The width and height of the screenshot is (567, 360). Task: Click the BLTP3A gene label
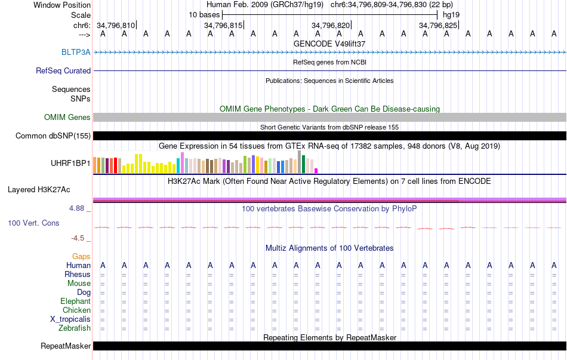(x=76, y=52)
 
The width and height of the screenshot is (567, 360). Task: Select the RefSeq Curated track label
(x=63, y=70)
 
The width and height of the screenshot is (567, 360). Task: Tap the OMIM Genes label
(x=67, y=118)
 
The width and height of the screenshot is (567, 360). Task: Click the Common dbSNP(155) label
(x=53, y=136)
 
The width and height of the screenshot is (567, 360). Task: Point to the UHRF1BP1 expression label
(x=70, y=162)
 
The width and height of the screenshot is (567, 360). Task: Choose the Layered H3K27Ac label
(x=39, y=190)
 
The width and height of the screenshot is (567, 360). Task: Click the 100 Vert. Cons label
(x=33, y=223)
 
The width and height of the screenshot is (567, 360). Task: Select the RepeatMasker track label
(x=66, y=346)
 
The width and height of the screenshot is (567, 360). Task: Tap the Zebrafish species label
(x=75, y=328)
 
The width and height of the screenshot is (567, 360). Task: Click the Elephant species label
(x=75, y=301)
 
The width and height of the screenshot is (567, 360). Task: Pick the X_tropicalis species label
(x=70, y=319)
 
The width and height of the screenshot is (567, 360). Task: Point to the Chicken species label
(x=76, y=310)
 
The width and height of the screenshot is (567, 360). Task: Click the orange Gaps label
(x=81, y=256)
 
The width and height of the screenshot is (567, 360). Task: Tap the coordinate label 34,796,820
(x=331, y=25)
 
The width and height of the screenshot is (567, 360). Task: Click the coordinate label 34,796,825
(x=438, y=25)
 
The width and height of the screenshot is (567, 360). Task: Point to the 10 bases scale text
(x=205, y=14)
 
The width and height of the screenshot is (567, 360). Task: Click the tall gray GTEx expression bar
(x=299, y=161)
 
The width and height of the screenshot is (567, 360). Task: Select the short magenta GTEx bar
(x=316, y=170)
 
